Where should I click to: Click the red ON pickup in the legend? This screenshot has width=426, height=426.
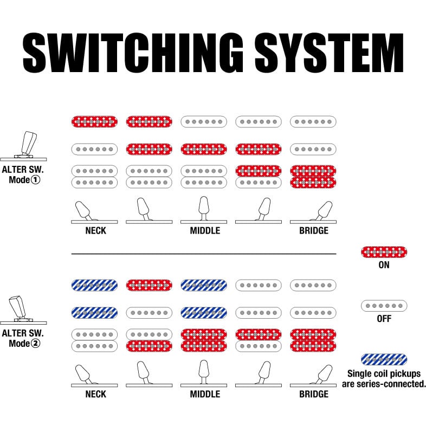point(384,252)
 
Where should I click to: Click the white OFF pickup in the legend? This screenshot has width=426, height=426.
point(384,306)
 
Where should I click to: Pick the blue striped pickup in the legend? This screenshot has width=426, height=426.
point(384,359)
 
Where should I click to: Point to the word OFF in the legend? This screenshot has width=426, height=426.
point(384,319)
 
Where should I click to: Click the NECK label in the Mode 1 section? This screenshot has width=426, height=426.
point(95,230)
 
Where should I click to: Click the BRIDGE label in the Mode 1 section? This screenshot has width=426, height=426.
point(313,230)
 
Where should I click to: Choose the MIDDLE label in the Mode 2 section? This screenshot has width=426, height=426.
point(205,394)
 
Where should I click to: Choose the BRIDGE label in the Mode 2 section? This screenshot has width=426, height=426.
point(313,394)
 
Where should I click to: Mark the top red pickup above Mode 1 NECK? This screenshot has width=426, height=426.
point(94,121)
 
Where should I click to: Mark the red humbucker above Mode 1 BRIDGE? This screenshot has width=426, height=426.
point(313,177)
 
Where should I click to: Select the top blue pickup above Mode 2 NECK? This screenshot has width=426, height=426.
point(94,285)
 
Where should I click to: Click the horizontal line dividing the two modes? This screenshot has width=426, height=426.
point(204,254)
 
